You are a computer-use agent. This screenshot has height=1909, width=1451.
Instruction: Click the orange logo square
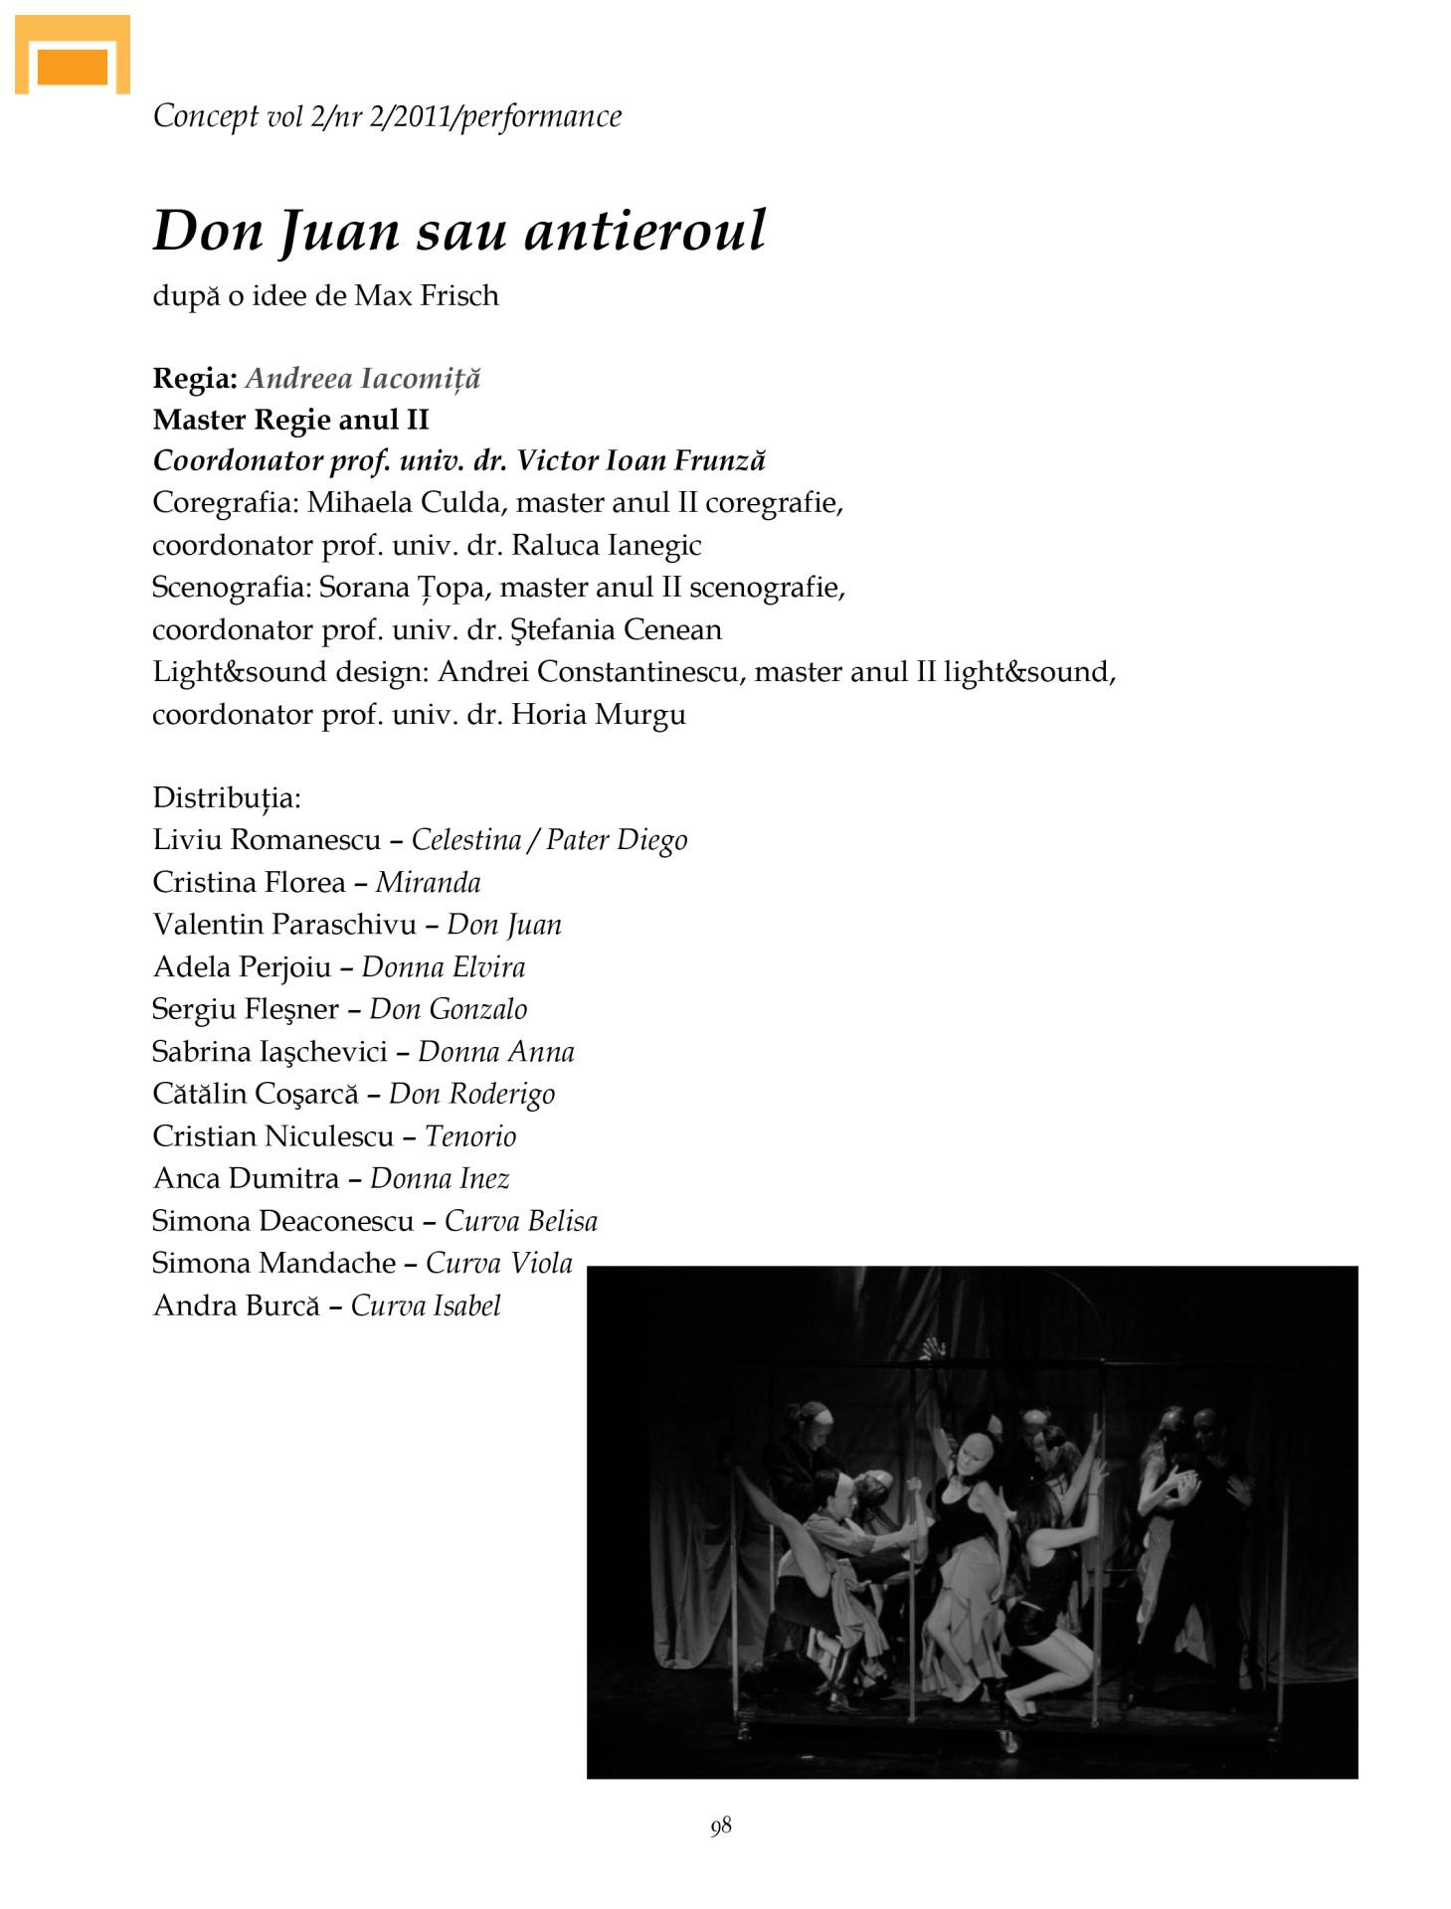point(72,66)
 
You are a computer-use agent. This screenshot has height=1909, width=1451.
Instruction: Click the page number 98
point(721,1825)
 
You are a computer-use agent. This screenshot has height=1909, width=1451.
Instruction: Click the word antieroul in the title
point(644,231)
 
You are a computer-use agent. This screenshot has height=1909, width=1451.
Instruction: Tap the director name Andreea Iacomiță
point(363,378)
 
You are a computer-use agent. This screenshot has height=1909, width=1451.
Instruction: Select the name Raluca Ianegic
point(607,545)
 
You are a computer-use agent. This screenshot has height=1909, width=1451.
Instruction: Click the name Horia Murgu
point(599,714)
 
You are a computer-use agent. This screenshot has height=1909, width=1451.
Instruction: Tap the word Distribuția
point(227,797)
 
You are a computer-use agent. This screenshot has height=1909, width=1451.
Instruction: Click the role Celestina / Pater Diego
point(549,840)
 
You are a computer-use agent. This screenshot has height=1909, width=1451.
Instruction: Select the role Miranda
point(429,883)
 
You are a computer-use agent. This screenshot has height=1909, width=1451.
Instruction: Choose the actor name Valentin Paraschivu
point(284,925)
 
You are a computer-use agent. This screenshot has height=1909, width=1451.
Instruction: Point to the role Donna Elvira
point(444,967)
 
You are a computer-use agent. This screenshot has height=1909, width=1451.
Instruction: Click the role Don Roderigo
point(472,1094)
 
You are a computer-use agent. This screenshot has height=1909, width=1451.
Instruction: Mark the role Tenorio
point(470,1136)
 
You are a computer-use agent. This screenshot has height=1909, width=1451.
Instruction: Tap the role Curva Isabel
point(426,1305)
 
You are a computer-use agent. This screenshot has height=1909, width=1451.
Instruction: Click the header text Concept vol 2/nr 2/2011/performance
point(387,116)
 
